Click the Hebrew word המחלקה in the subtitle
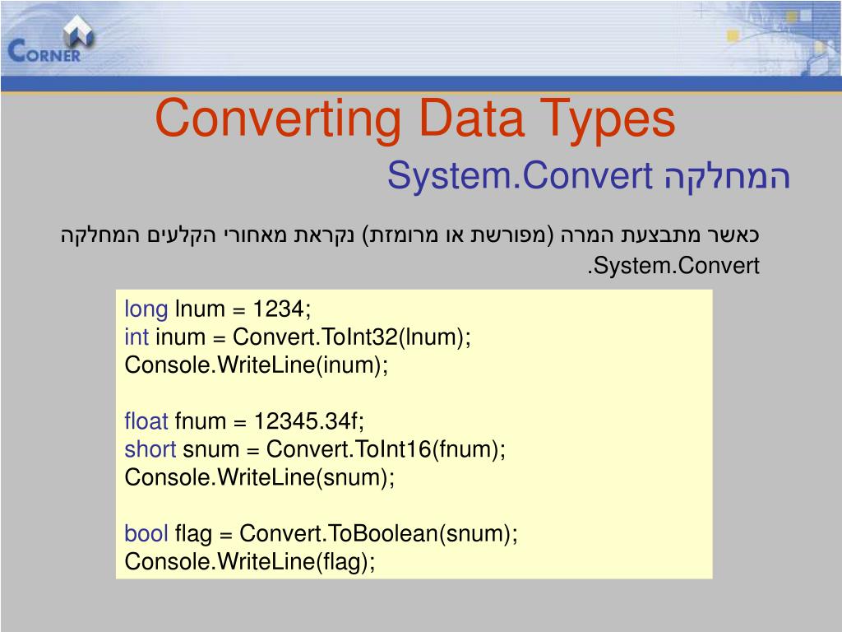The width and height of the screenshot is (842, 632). point(726,176)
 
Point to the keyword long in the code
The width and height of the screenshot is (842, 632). point(146,309)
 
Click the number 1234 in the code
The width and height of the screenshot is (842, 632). point(280,309)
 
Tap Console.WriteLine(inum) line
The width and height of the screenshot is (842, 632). point(256,365)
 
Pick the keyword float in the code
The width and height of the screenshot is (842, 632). point(146,422)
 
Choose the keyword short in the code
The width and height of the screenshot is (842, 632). point(150,450)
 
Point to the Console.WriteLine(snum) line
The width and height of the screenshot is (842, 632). point(260,478)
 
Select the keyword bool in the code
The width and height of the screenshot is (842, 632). point(146,534)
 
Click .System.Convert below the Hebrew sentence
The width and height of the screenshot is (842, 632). point(673,267)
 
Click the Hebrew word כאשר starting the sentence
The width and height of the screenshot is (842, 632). point(736,235)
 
